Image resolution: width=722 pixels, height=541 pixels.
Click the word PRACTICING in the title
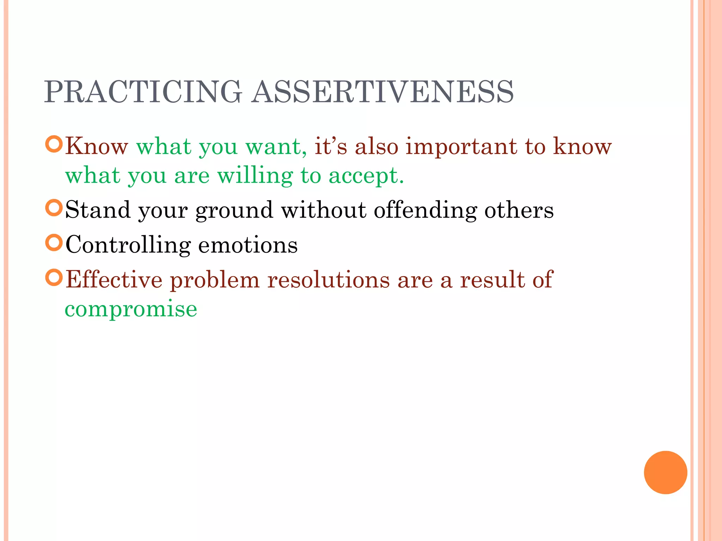pos(143,92)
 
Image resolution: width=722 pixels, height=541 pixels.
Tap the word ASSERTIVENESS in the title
pos(383,92)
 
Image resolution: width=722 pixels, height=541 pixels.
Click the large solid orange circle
pos(665,472)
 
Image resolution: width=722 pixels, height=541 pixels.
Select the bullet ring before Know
pos(54,144)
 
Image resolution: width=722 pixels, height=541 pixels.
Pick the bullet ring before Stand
pos(54,207)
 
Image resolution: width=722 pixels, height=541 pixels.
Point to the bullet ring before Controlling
pos(54,243)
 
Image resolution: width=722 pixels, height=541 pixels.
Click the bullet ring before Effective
pos(54,278)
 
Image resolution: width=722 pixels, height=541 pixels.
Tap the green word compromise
pos(131,309)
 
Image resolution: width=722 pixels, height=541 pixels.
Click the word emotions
pos(248,245)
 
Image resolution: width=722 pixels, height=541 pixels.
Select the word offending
pos(425,210)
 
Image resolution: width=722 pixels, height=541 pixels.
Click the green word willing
pos(255,176)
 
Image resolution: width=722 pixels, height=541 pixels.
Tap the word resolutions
pos(328,280)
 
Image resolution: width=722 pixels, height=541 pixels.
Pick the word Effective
pos(114,280)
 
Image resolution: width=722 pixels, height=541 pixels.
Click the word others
pos(519,210)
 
